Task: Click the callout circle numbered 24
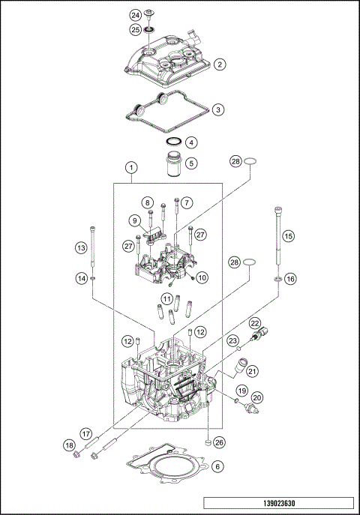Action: tap(135, 15)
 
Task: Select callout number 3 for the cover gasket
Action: tap(217, 109)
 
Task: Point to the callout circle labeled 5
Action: tap(191, 142)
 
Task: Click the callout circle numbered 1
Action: tap(192, 162)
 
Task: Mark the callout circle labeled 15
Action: tap(187, 202)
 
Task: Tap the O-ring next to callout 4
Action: tap(172, 142)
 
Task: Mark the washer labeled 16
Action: tap(279, 279)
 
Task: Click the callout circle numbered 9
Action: tap(135, 220)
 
